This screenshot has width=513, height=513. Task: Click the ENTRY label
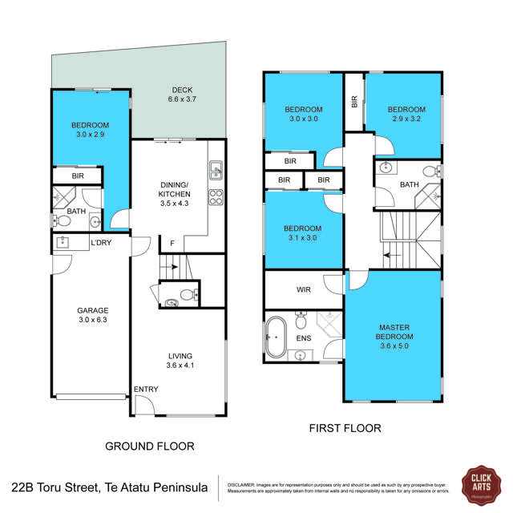tap(146, 390)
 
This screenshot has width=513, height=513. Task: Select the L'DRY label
tap(101, 243)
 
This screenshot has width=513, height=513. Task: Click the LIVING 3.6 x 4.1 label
tap(180, 362)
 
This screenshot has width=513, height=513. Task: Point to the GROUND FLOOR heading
tap(150, 446)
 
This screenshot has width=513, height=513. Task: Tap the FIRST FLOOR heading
tap(345, 429)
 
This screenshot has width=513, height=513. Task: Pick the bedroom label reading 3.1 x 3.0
tap(303, 232)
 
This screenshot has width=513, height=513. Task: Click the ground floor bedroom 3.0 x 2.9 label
tap(89, 131)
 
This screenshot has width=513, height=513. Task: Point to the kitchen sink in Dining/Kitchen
tap(216, 169)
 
